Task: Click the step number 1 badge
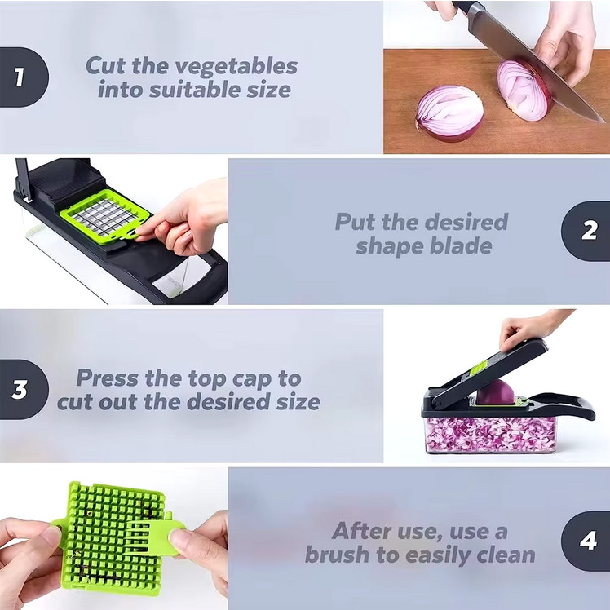24,77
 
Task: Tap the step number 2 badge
586,231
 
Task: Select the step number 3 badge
24,390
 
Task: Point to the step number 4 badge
586,541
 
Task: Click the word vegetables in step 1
236,66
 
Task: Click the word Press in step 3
107,378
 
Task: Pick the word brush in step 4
337,554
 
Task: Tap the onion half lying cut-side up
449,113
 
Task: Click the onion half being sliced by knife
524,91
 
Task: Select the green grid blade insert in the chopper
104,217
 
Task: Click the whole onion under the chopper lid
495,392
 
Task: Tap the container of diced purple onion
491,435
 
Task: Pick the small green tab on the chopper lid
479,368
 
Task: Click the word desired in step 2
466,222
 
